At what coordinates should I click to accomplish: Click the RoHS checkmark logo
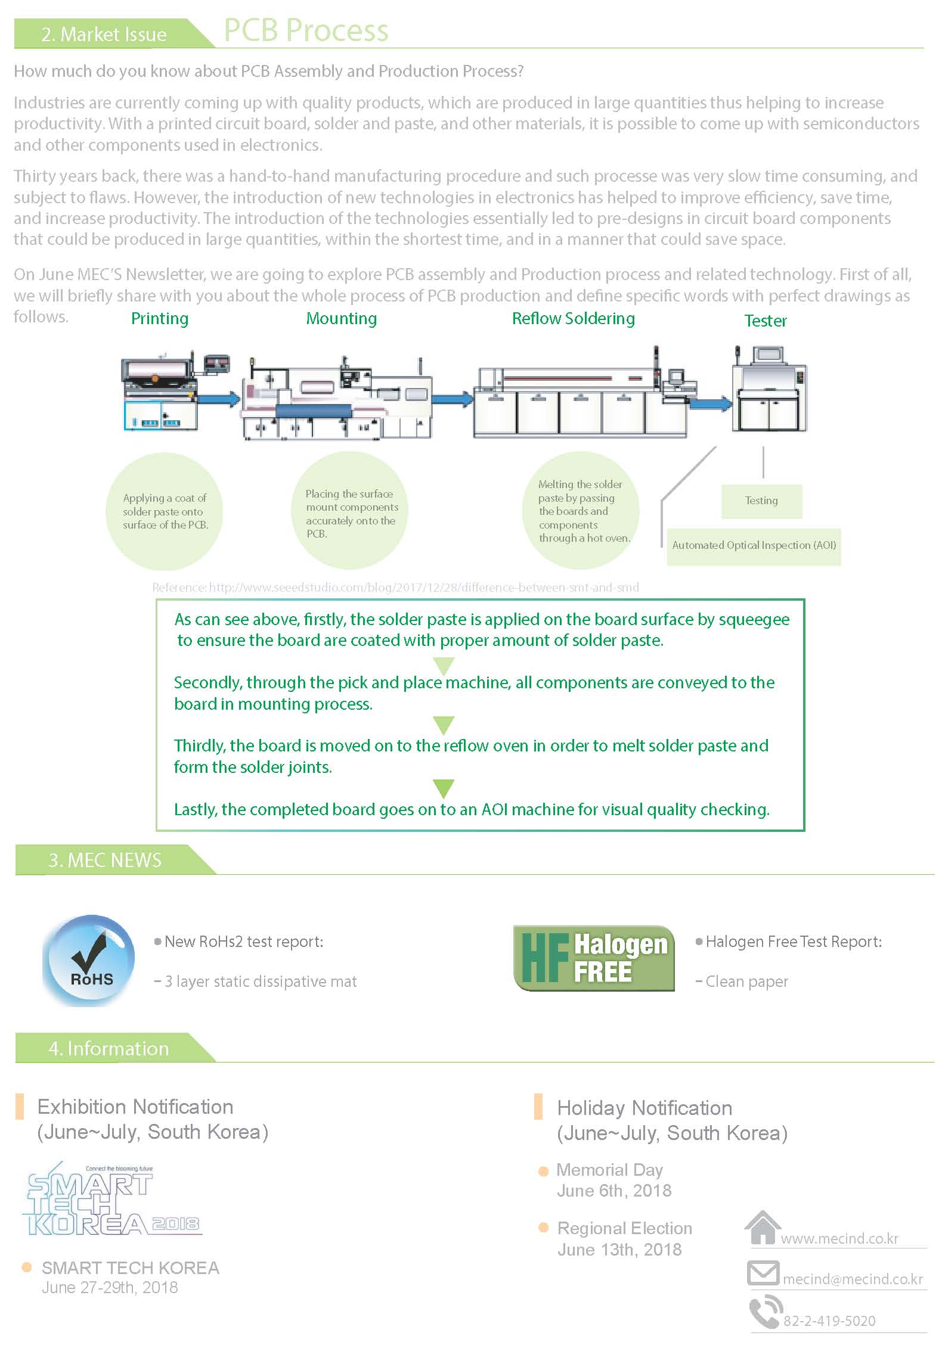88,960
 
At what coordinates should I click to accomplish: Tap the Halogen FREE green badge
594,958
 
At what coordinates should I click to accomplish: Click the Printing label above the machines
160,319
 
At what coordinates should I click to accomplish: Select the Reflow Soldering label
574,319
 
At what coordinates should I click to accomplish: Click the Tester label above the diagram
766,321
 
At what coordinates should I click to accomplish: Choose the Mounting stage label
342,319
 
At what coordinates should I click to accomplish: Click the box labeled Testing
761,501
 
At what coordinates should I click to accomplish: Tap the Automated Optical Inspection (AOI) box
754,546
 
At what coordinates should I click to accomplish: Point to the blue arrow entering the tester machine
709,403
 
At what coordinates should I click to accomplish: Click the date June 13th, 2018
619,1250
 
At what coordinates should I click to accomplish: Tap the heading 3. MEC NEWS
105,860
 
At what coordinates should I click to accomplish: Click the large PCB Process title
306,31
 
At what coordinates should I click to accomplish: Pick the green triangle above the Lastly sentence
443,788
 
